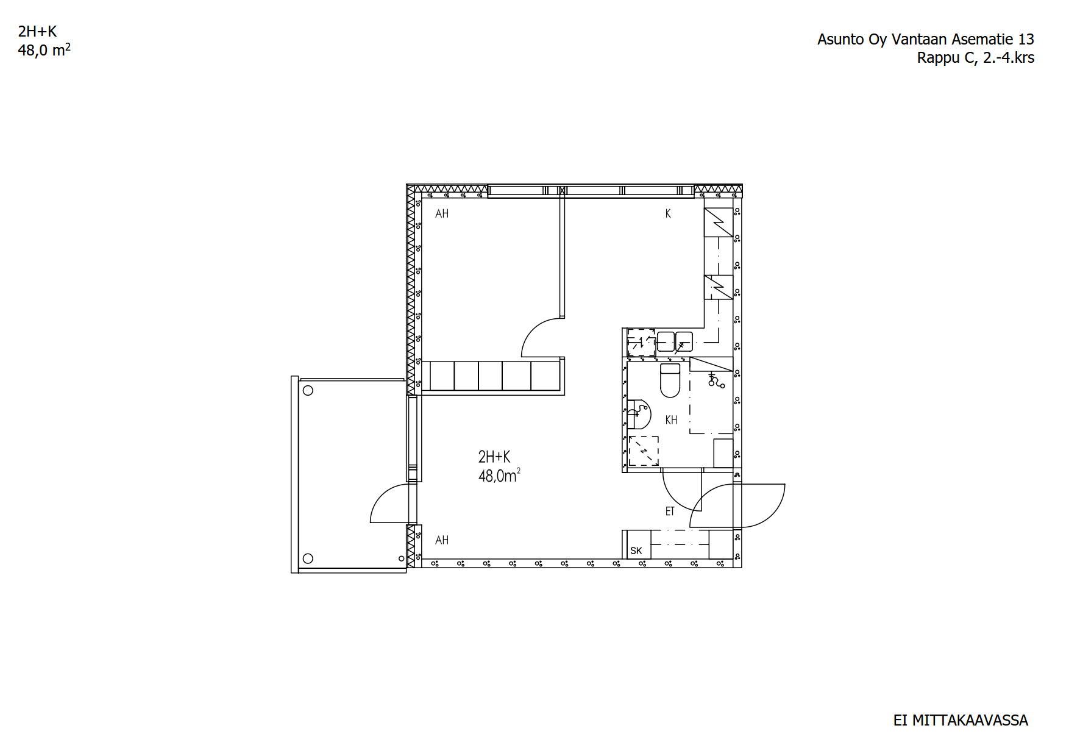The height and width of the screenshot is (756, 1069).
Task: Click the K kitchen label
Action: click(668, 214)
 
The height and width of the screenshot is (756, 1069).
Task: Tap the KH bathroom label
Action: click(671, 420)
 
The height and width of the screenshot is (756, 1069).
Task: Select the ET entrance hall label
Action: click(670, 512)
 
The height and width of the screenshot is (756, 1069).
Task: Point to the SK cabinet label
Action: click(636, 551)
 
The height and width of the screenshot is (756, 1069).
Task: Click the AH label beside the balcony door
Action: click(442, 540)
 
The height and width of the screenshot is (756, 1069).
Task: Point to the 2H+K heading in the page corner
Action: click(37, 32)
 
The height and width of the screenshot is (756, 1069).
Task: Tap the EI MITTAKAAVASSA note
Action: click(961, 721)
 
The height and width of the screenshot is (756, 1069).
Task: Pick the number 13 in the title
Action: click(1026, 40)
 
